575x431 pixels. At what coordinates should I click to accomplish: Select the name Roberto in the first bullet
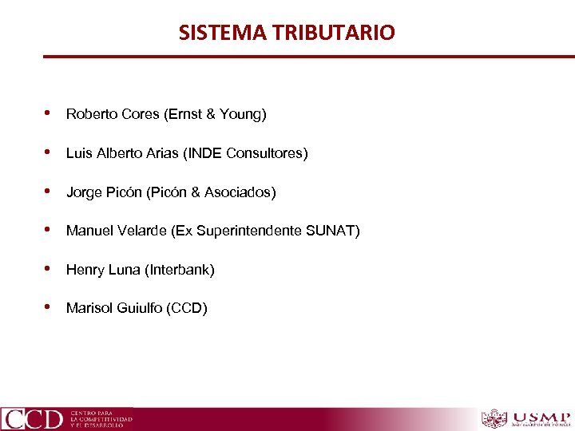tap(90, 114)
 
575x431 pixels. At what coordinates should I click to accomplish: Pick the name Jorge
tap(84, 192)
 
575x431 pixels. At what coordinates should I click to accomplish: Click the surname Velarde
tap(141, 231)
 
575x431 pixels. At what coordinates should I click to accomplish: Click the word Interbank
tap(179, 270)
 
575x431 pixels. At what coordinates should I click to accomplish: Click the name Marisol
tap(89, 308)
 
